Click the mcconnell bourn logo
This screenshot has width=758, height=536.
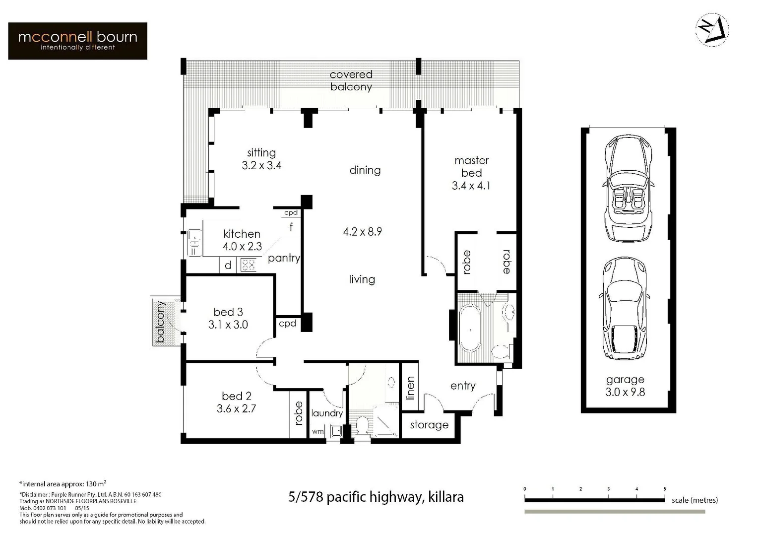pos(77,41)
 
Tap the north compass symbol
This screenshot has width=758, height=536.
pos(712,30)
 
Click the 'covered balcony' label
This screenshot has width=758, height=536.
pos(351,80)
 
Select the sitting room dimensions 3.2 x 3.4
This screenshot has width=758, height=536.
pos(261,166)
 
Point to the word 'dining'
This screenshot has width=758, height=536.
pos(365,170)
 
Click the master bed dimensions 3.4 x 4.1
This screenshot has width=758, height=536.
pos(471,186)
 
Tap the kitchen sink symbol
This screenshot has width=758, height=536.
pos(194,243)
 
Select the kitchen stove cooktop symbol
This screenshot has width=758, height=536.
pos(249,265)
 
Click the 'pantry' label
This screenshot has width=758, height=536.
pos(284,258)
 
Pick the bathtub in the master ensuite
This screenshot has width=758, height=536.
pos(470,329)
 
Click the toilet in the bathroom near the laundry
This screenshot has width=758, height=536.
pos(362,426)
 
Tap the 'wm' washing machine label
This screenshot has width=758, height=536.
pos(317,432)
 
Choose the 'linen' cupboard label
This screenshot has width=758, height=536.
pos(410,388)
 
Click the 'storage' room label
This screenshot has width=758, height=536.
pos(429,425)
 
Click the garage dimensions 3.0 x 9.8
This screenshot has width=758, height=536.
pos(625,392)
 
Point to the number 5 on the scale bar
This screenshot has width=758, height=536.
pos(665,489)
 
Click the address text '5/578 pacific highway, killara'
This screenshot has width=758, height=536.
pos(376,497)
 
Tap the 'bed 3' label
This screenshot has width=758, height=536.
pos(228,312)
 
